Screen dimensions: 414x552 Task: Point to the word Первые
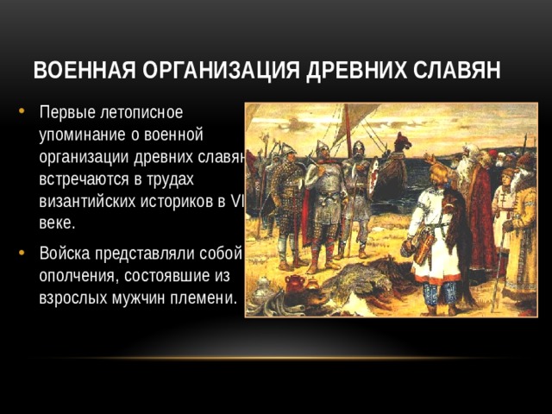[66, 111]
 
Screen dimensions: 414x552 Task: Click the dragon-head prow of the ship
[402, 141]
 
